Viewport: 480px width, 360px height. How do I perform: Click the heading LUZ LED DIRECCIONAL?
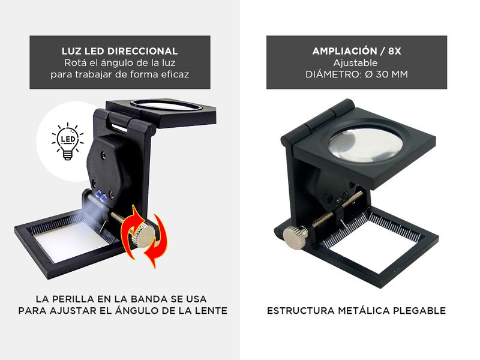click(x=119, y=51)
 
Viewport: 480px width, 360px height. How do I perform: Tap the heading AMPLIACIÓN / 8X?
click(x=356, y=51)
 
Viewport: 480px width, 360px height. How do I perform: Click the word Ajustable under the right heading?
click(x=355, y=63)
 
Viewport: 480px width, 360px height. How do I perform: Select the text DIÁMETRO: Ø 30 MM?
click(x=356, y=74)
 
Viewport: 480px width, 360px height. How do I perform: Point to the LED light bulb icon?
click(x=68, y=141)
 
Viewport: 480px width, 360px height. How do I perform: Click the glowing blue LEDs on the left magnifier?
click(x=101, y=197)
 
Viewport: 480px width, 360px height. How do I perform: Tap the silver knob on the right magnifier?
click(x=295, y=238)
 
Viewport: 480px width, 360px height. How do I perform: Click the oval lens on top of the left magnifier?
click(x=166, y=106)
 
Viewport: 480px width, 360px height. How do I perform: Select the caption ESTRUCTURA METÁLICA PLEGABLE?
click(x=356, y=311)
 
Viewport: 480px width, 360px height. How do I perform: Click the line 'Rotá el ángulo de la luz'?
click(x=119, y=63)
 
